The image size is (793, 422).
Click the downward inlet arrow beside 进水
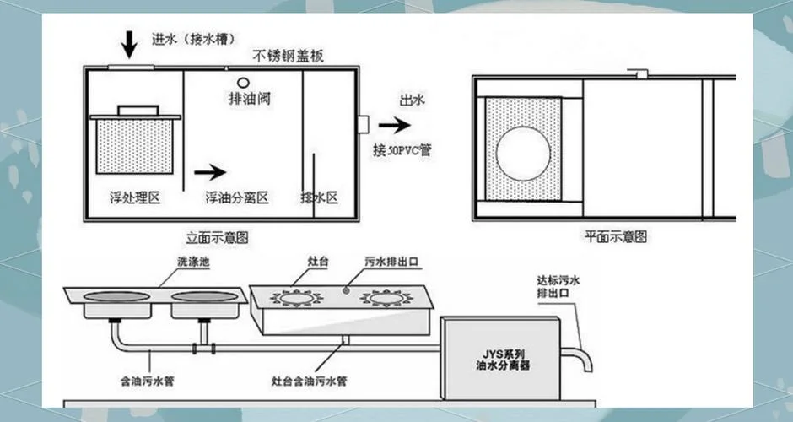[129, 45]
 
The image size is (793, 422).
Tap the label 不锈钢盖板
[288, 56]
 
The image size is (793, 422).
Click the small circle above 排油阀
[243, 83]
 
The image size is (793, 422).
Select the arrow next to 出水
[395, 124]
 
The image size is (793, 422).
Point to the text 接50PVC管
[402, 149]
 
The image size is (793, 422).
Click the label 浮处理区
[135, 197]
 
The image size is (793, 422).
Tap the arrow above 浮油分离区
[210, 172]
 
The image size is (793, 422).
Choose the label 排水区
[319, 197]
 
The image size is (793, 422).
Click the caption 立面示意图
[217, 237]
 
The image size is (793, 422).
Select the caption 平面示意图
[616, 236]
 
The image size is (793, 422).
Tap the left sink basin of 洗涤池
[116, 296]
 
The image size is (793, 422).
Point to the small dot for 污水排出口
[346, 290]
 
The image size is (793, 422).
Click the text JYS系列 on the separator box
[502, 354]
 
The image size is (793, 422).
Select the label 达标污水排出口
[558, 286]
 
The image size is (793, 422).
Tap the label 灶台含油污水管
[310, 381]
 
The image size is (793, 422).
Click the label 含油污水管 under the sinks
[147, 381]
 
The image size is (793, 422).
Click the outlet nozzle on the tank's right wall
[363, 124]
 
